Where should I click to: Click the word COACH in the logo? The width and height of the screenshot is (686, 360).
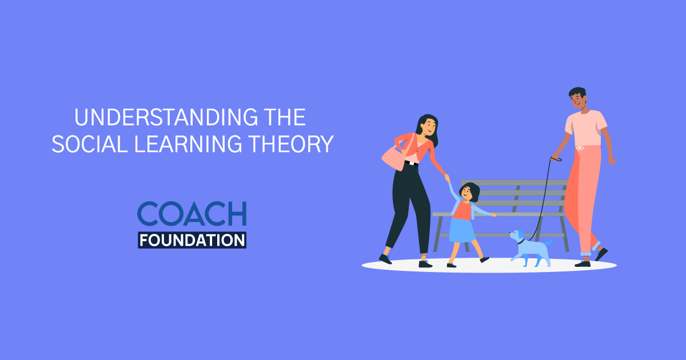pyautogui.click(x=192, y=214)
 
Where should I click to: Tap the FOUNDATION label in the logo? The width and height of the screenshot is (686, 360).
pyautogui.click(x=192, y=239)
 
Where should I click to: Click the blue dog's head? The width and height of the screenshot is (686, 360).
pyautogui.click(x=517, y=236)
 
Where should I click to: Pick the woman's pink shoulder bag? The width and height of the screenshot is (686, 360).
pyautogui.click(x=395, y=155)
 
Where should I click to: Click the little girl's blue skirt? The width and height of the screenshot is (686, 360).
pyautogui.click(x=462, y=230)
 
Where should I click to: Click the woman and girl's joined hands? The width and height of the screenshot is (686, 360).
pyautogui.click(x=447, y=179)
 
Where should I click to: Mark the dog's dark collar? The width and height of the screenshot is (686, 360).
pyautogui.click(x=521, y=242)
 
